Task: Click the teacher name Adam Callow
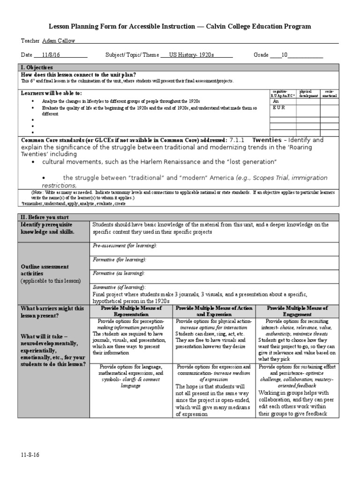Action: (59, 41)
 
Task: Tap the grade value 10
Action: (284, 55)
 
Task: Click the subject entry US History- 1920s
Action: (191, 55)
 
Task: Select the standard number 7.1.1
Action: (238, 140)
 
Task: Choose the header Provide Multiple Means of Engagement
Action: (297, 311)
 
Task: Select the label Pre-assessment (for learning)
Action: (125, 246)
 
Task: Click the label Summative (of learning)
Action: (119, 287)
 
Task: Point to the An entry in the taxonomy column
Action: (276, 101)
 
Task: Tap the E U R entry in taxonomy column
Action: (278, 108)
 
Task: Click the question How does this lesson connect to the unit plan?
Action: (79, 75)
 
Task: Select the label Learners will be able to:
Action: (52, 93)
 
